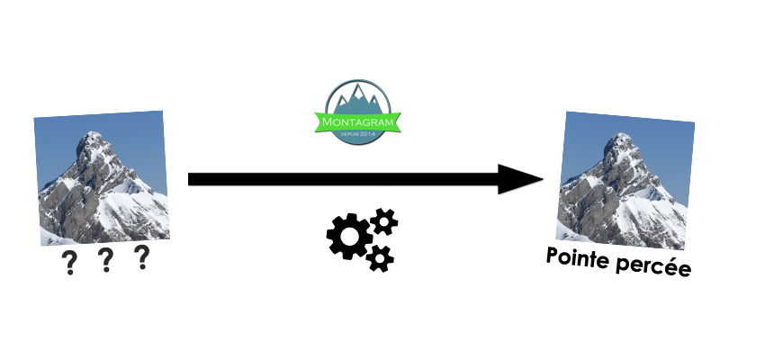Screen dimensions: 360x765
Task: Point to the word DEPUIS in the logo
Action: click(x=348, y=133)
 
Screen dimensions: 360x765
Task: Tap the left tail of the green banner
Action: click(x=319, y=121)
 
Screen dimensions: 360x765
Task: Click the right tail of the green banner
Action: click(x=397, y=121)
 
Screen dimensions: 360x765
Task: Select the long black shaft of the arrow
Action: click(x=342, y=179)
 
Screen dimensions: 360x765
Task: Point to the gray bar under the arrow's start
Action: click(x=216, y=192)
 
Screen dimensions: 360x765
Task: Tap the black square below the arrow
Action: click(x=361, y=240)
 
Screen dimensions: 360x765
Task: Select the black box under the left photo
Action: click(x=104, y=260)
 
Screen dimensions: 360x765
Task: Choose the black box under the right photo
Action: click(x=619, y=264)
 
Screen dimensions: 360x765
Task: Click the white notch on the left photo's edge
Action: click(x=168, y=149)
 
